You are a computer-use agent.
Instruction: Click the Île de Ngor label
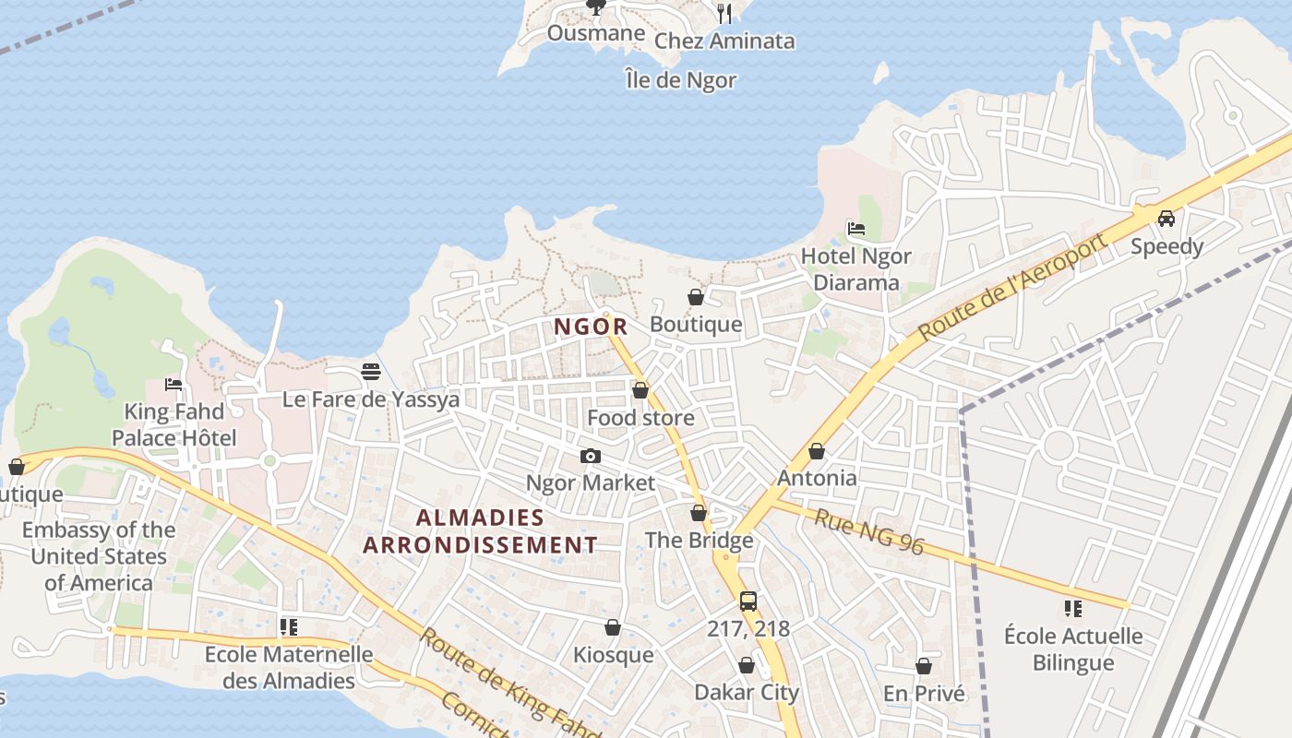point(680,80)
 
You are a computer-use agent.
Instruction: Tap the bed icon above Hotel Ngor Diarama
point(856,229)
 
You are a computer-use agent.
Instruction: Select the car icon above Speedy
point(1166,219)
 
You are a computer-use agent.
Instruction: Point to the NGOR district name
point(592,327)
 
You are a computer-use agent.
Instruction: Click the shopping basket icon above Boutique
point(696,297)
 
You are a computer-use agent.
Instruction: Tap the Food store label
point(640,418)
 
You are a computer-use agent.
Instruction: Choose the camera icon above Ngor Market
point(591,456)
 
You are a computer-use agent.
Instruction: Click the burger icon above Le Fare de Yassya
point(371,372)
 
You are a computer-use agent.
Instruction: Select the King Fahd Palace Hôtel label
point(174,424)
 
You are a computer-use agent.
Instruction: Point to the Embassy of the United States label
point(99,556)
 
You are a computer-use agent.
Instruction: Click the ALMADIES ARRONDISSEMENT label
point(480,531)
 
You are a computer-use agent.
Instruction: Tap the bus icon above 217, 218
point(748,601)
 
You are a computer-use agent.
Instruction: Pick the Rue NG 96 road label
point(868,532)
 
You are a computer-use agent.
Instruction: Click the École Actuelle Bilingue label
point(1073,649)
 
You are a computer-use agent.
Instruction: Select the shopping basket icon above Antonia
point(817,451)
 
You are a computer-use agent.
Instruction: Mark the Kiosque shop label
point(613,655)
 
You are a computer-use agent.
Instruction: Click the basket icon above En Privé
point(924,666)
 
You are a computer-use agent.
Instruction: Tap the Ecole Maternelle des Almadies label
point(289,668)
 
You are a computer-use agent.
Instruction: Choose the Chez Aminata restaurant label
point(724,42)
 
